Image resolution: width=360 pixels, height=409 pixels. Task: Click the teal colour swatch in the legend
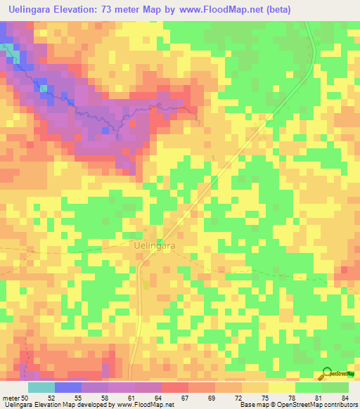click(x=41, y=387)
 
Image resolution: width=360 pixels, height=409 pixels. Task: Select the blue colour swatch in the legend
click(x=68, y=387)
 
